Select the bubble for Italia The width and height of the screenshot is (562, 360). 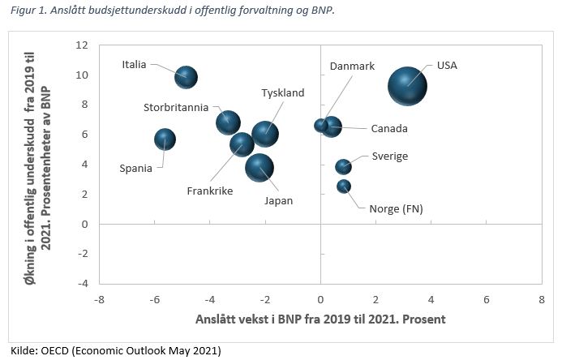coord(186,78)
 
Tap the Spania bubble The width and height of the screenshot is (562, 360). coord(165,139)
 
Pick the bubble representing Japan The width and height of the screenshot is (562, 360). coord(260,168)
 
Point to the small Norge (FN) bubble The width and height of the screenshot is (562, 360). coord(344,186)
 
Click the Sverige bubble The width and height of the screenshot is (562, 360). coord(343,166)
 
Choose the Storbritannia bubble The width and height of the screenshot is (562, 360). coord(229,123)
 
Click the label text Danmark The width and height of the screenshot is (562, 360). coord(352,66)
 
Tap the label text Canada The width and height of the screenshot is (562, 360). coord(388,129)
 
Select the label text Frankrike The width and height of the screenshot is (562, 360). coord(210,191)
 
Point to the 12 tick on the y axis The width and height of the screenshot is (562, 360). coord(82,45)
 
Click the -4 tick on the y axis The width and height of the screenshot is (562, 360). coord(82,283)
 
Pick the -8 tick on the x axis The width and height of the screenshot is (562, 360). coord(100,299)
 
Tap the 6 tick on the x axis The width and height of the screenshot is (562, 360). coord(487,299)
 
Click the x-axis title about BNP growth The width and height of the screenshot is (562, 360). coord(320,319)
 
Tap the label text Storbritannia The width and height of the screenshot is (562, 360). coord(176,107)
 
